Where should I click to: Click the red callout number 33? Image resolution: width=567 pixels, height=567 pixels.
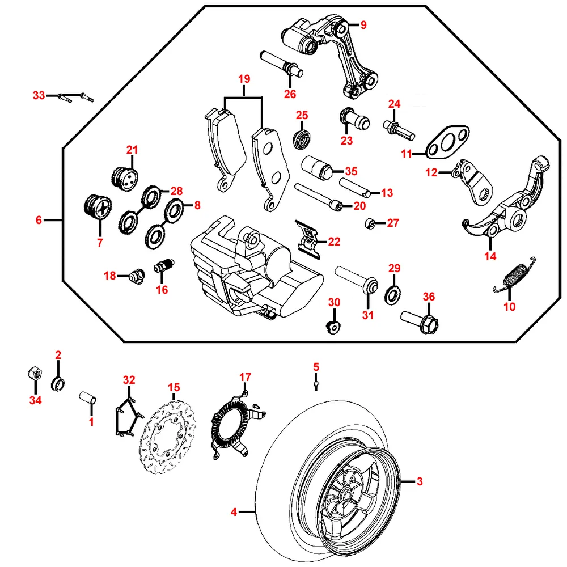click(39, 96)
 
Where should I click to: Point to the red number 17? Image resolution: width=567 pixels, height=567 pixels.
click(244, 376)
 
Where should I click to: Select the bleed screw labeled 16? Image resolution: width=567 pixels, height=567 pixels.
click(165, 266)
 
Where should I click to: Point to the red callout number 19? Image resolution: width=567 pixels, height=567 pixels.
click(244, 79)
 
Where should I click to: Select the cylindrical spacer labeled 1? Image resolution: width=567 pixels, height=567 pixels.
click(88, 396)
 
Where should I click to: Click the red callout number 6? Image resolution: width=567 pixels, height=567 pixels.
click(39, 220)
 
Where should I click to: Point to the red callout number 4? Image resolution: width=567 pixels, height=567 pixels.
click(234, 513)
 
